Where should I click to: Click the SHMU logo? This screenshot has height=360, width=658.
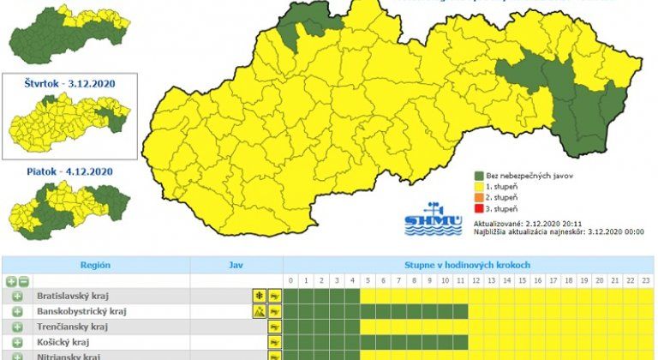[433, 220]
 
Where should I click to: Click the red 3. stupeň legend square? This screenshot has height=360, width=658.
[480, 209]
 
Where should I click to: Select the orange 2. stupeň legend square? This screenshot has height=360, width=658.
[480, 196]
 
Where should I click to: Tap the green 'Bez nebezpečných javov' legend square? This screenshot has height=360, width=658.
[480, 171]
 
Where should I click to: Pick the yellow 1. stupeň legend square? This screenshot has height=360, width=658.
[480, 184]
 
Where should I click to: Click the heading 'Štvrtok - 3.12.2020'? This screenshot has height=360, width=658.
[71, 84]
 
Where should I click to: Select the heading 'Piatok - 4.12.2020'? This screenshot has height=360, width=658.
[71, 171]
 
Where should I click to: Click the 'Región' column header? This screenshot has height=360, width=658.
[95, 266]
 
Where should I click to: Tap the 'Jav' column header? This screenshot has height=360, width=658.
[236, 266]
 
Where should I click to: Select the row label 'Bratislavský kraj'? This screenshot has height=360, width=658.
[72, 296]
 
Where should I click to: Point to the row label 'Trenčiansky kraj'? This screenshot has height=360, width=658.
[72, 327]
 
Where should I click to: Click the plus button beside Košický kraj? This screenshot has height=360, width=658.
[16, 342]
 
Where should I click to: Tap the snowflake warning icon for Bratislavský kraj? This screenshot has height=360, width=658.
[256, 296]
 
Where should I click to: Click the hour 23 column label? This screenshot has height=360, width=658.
[647, 281]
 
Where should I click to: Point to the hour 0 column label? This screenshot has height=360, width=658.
[291, 281]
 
